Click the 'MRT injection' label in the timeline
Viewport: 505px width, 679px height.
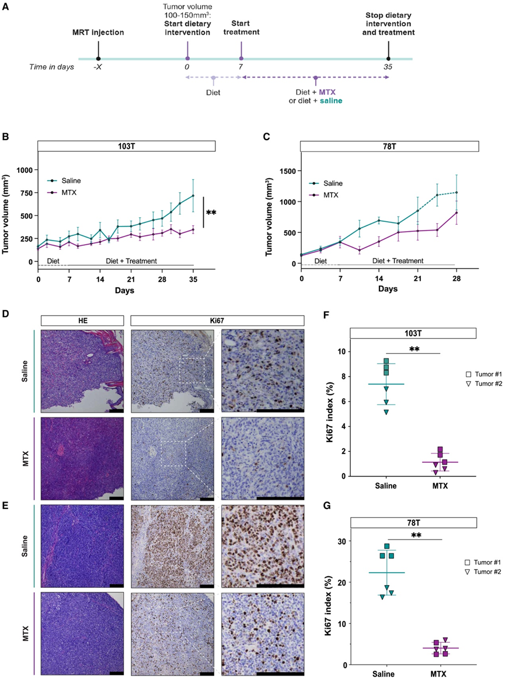point(99,32)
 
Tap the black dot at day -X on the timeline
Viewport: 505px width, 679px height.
point(98,59)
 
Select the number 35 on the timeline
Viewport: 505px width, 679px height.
point(388,68)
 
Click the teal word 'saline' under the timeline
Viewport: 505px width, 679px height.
point(330,100)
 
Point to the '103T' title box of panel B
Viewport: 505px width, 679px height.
point(127,146)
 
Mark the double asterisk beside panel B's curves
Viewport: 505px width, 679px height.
point(211,213)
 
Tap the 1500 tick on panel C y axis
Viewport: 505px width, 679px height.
point(287,171)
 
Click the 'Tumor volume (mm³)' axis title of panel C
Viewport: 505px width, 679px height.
point(269,215)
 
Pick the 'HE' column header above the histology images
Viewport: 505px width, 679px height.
point(82,320)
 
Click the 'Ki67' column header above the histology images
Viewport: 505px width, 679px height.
point(217,320)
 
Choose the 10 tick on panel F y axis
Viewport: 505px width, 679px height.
point(341,351)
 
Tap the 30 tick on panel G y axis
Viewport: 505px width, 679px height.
point(340,541)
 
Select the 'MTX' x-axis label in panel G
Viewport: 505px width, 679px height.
point(437,674)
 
